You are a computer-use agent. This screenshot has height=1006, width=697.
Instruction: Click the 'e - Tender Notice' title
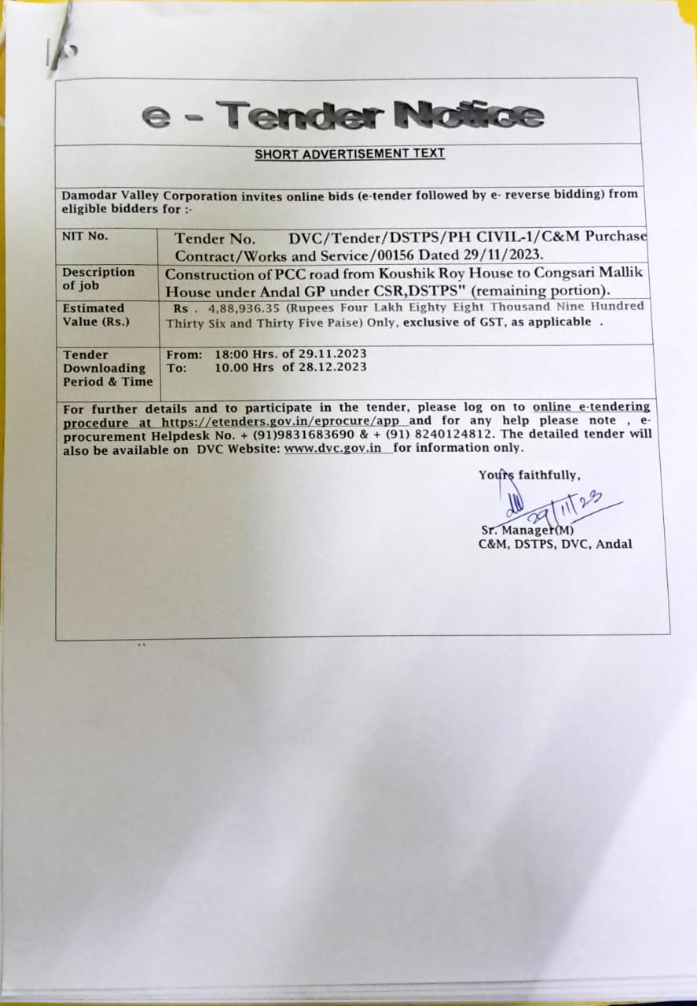(x=343, y=116)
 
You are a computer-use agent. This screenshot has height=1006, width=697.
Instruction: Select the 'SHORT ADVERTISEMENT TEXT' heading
(x=349, y=153)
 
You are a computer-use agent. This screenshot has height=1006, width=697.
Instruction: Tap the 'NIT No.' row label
(x=85, y=236)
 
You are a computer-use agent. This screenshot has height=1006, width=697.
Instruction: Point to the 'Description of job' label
(x=98, y=278)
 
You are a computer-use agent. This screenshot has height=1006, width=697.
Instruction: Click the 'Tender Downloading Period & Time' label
(x=104, y=368)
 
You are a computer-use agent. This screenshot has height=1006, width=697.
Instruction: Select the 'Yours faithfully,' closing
(x=529, y=475)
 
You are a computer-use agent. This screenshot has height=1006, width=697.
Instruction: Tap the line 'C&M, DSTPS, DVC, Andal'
(x=555, y=544)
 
